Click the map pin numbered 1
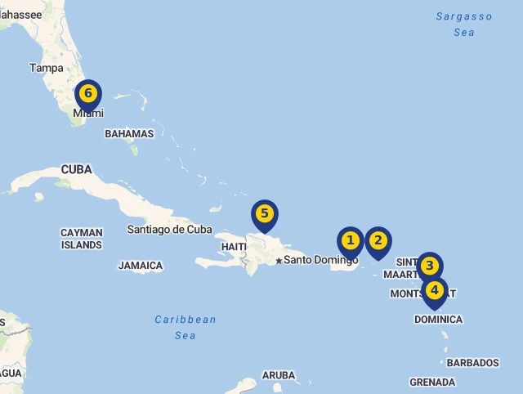[x=351, y=241]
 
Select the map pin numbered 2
[x=378, y=241]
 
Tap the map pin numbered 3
[x=429, y=266]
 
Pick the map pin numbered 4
[x=435, y=290]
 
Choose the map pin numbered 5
[x=264, y=215]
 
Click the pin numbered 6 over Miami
[x=88, y=94]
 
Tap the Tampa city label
[x=46, y=68]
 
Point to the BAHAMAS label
[x=129, y=133]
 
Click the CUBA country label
[x=76, y=170]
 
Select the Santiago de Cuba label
[x=169, y=229]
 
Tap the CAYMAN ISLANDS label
[x=82, y=239]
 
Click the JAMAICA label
[x=141, y=266]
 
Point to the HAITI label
[x=234, y=247]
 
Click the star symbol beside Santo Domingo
[x=279, y=261]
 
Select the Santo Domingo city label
[x=321, y=260]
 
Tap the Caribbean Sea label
[x=186, y=327]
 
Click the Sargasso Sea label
[x=464, y=24]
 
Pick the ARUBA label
[x=279, y=375]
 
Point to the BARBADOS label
[x=472, y=362]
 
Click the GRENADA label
[x=432, y=382]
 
